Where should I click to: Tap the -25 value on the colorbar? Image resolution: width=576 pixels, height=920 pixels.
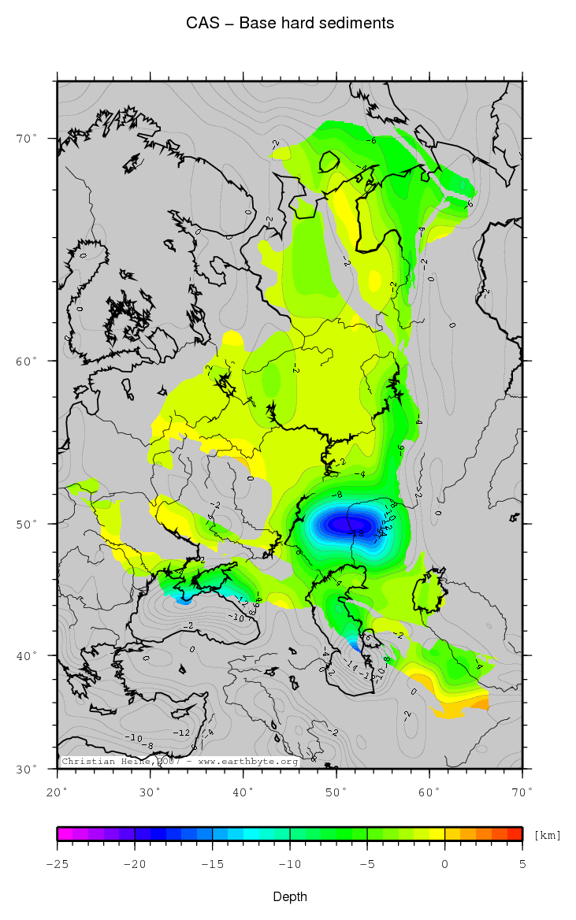point(58,864)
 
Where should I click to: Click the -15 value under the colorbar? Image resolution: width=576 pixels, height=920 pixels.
point(212,864)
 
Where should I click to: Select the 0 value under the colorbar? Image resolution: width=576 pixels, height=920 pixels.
point(445,864)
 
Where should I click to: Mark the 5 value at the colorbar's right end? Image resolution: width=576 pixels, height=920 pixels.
point(522,864)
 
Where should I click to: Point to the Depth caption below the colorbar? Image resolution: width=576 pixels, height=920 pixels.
point(289,896)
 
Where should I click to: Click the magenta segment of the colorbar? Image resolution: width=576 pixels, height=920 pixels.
point(65,833)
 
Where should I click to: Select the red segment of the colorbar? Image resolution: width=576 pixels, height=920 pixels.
point(515,833)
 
